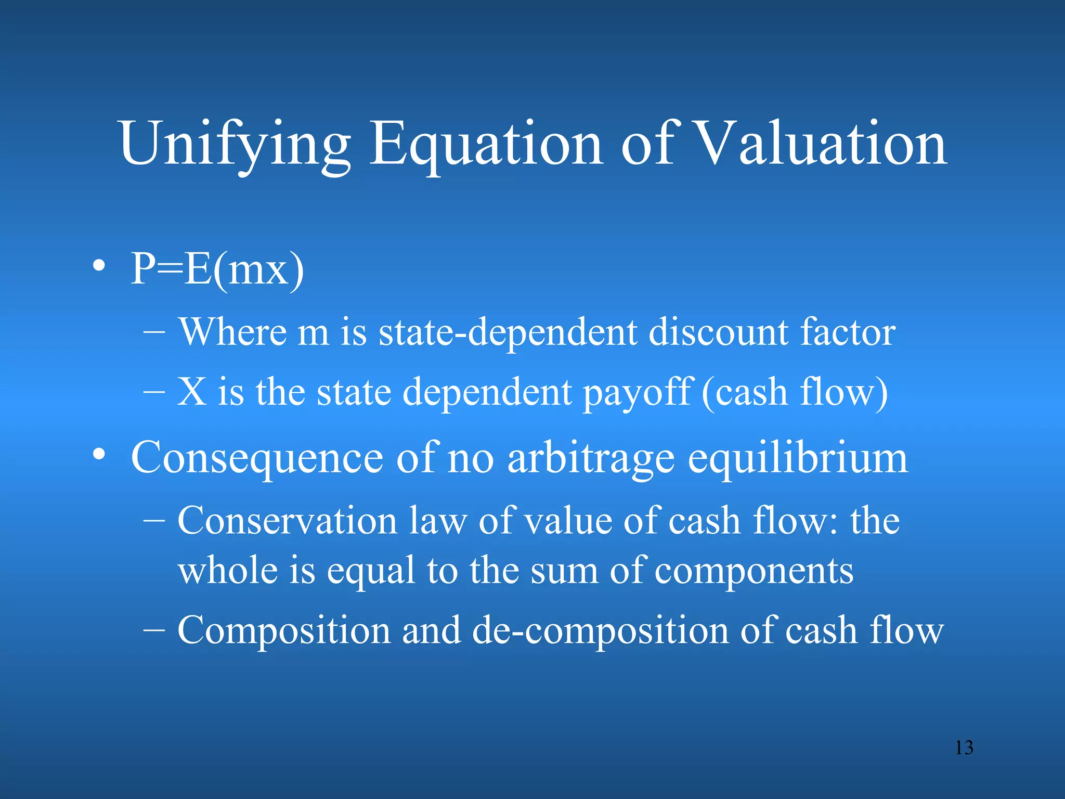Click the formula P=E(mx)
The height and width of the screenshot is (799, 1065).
tap(217, 270)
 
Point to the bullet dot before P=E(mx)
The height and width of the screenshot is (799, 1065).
tap(99, 267)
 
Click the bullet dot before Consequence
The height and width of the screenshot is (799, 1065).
tap(99, 455)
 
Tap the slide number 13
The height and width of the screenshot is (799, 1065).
tap(964, 748)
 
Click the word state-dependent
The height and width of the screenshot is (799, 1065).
tap(508, 333)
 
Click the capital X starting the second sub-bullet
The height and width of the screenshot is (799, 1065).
tap(192, 392)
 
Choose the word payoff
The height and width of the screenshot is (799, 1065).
tap(638, 393)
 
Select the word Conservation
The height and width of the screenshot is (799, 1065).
tap(288, 521)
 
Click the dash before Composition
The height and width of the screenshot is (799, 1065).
tap(154, 630)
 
